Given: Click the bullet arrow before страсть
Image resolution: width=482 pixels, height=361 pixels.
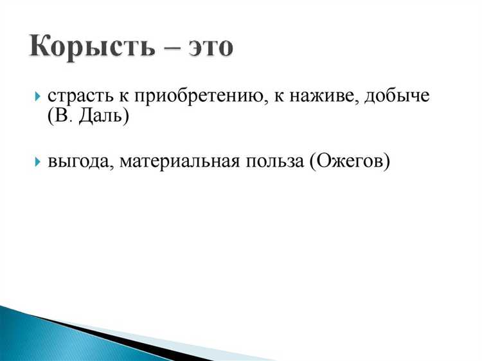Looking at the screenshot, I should [x=37, y=98].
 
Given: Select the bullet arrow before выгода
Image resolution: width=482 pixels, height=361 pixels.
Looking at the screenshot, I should [x=37, y=161].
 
